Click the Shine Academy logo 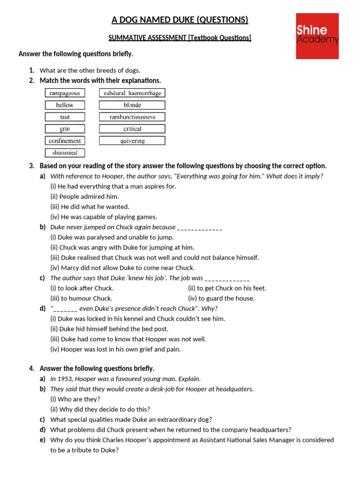[317, 36]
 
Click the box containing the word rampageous [65, 93]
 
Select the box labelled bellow [65, 105]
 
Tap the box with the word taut [65, 117]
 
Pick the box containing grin [65, 128]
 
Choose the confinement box [65, 141]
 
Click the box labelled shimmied [65, 152]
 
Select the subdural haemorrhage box [132, 93]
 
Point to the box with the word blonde [132, 105]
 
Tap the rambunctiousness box [132, 117]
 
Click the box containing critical [132, 128]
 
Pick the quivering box [132, 141]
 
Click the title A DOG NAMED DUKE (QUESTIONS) [180, 20]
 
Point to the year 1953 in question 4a [65, 379]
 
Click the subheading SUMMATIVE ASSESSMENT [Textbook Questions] [180, 37]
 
